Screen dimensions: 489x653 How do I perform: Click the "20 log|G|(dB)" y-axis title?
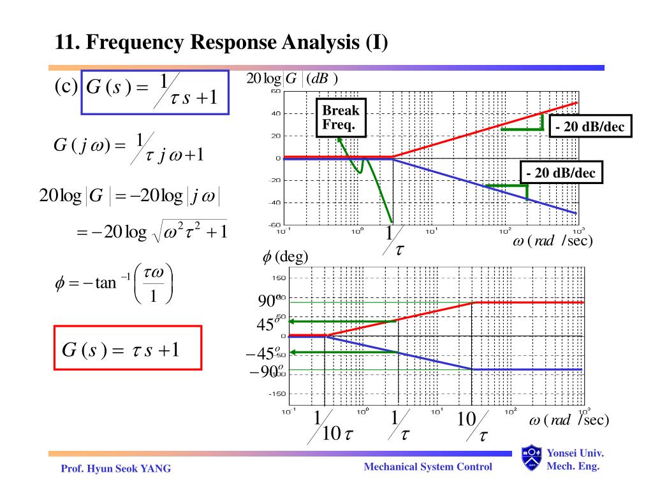tap(292, 78)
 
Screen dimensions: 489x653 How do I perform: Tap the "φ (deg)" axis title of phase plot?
tap(285, 257)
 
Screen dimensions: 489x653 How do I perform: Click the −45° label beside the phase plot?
tap(262, 354)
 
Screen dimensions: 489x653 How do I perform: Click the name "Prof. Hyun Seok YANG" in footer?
tap(116, 469)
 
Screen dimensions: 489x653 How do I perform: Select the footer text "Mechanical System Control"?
tap(428, 467)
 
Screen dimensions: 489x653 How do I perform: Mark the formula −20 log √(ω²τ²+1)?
tap(151, 232)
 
